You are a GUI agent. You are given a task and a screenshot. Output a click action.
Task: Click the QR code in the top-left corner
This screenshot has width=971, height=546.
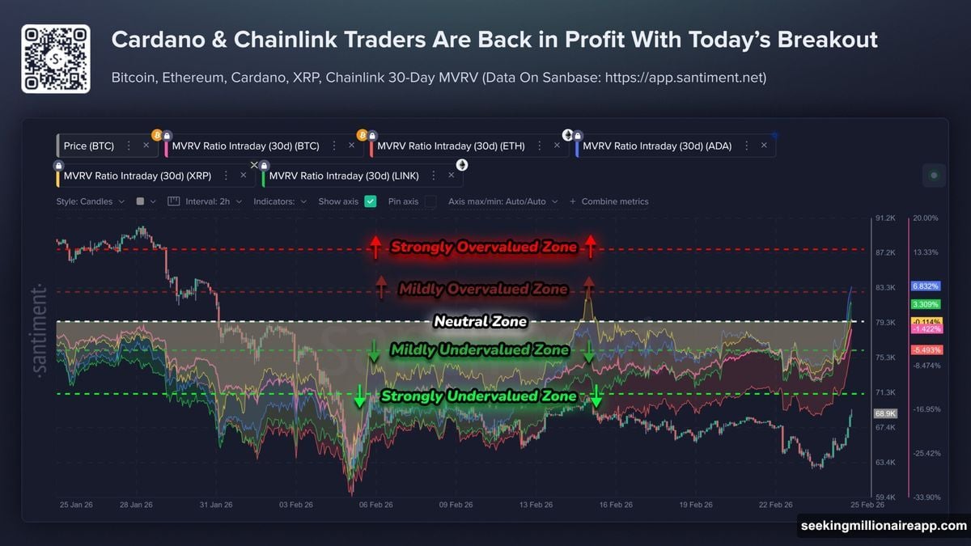tap(55, 59)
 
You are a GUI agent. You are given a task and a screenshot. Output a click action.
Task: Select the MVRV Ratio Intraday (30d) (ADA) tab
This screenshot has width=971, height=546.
tap(659, 146)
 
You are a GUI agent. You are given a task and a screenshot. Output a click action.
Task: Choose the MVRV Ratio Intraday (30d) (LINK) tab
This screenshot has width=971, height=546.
tap(345, 176)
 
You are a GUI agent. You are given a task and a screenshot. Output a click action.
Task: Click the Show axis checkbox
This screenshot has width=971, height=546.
tap(371, 201)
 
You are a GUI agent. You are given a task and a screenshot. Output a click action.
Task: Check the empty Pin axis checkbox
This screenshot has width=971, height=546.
tap(430, 201)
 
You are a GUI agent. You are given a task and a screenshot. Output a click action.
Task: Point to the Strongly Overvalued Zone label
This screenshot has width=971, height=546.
tap(483, 247)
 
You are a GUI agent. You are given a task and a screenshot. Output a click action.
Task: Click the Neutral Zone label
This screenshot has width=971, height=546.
tap(480, 322)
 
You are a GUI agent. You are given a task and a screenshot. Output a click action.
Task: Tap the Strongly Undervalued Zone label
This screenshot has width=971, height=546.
tap(478, 396)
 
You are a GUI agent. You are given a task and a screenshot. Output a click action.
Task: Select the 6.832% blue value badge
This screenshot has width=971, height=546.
tap(925, 286)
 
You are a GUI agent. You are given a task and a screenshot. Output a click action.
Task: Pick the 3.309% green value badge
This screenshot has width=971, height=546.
tap(925, 304)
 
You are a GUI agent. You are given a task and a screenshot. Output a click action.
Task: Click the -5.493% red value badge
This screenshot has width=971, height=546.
tap(925, 349)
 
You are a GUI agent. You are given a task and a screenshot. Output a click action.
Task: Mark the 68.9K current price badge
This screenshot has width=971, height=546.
tap(884, 413)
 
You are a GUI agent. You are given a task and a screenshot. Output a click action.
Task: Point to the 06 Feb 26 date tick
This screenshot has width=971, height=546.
tap(375, 505)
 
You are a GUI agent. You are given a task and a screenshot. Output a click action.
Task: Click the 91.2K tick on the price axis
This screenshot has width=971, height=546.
tap(884, 218)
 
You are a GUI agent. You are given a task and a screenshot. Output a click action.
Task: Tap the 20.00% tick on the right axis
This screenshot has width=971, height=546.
tap(926, 218)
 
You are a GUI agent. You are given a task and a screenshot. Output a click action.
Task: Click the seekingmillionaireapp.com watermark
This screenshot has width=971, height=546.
tap(883, 526)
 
